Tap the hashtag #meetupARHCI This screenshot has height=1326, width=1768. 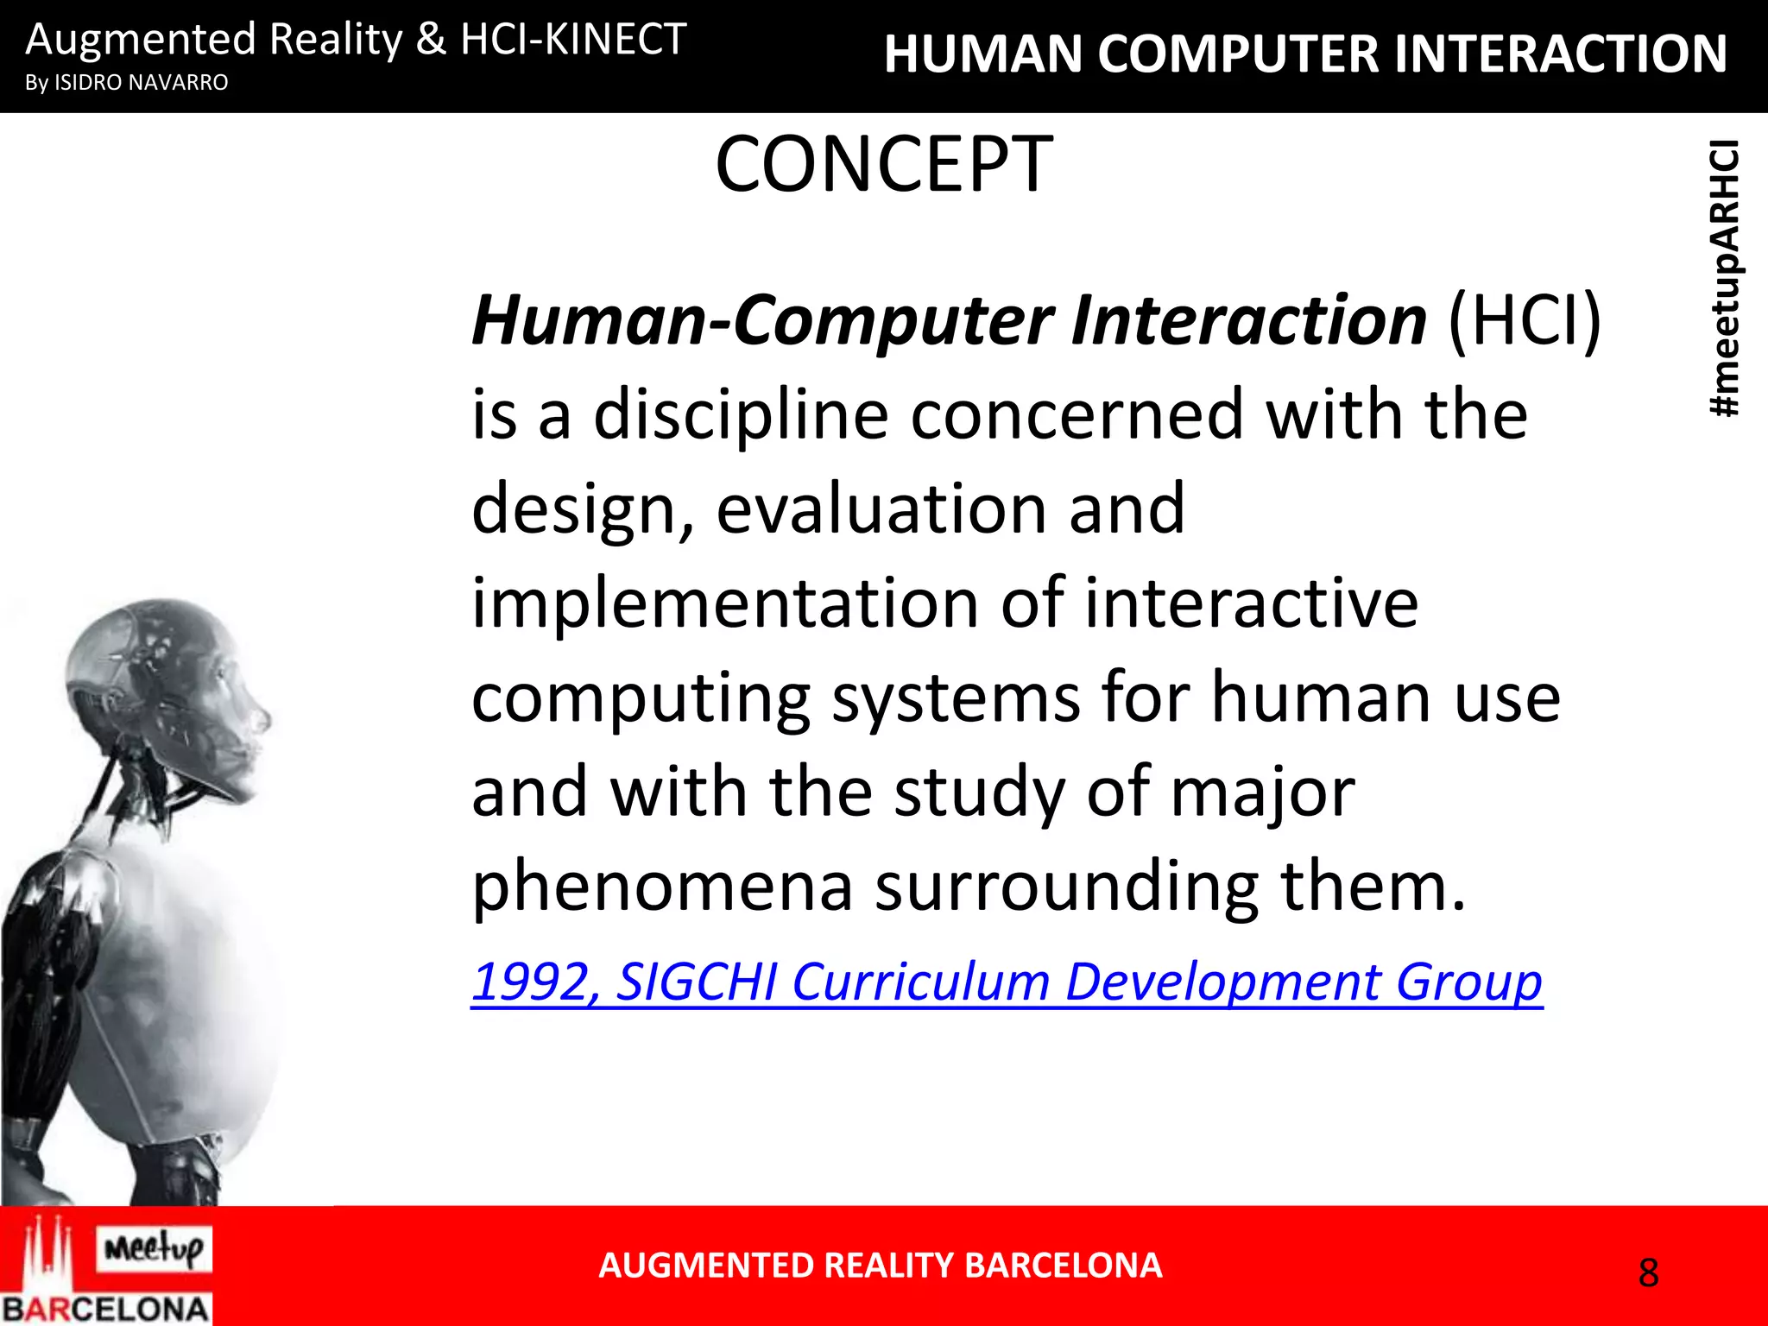tap(1725, 278)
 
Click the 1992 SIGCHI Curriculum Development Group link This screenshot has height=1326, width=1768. tap(1007, 982)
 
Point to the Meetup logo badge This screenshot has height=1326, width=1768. tap(154, 1248)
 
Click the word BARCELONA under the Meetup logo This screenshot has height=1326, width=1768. tap(105, 1309)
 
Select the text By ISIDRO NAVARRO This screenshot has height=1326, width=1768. tap(127, 83)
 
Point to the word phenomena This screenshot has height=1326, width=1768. tap(662, 887)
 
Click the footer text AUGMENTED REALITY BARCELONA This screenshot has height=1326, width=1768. tap(881, 1266)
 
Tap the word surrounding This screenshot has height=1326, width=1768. tap(1067, 887)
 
